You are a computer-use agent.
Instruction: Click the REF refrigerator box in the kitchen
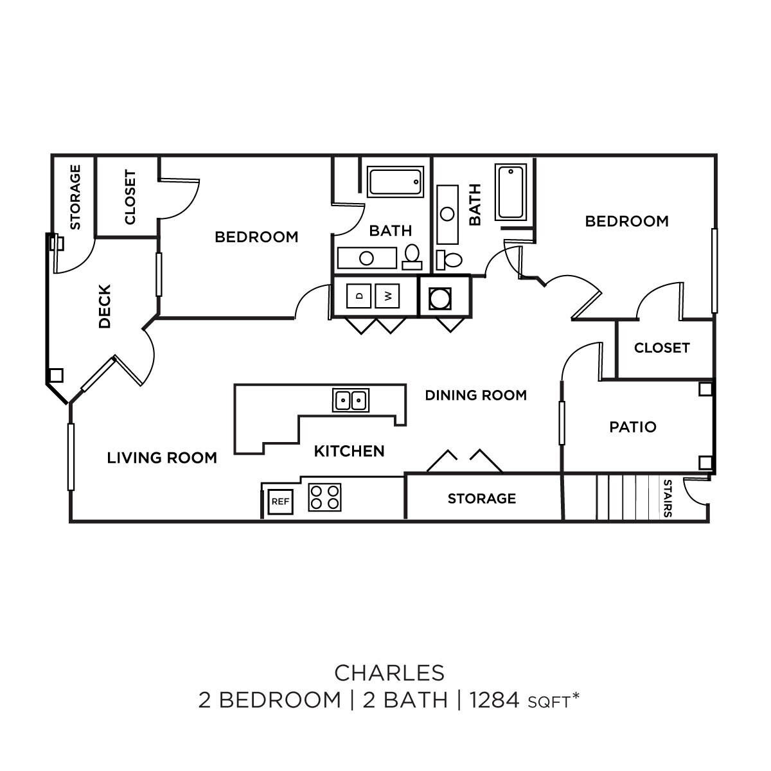(x=280, y=501)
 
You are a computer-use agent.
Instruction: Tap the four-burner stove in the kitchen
(x=324, y=497)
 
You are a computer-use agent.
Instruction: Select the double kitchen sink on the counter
(x=351, y=400)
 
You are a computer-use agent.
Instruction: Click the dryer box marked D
(x=359, y=296)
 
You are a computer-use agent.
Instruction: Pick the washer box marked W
(x=388, y=296)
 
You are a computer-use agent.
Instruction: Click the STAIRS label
(x=668, y=498)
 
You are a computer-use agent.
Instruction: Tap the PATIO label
(x=633, y=427)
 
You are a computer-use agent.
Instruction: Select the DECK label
(x=105, y=306)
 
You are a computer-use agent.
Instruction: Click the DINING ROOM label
(x=475, y=395)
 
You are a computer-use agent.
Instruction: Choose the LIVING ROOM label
(x=162, y=457)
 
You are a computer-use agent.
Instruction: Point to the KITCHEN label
(x=349, y=451)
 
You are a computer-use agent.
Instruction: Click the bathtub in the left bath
(x=396, y=182)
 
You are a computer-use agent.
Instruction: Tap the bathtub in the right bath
(x=511, y=192)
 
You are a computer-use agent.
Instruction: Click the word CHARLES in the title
(x=389, y=672)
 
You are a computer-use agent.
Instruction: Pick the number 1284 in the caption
(x=494, y=700)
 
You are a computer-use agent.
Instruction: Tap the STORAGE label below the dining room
(x=481, y=499)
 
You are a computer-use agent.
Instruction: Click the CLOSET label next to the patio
(x=661, y=348)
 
